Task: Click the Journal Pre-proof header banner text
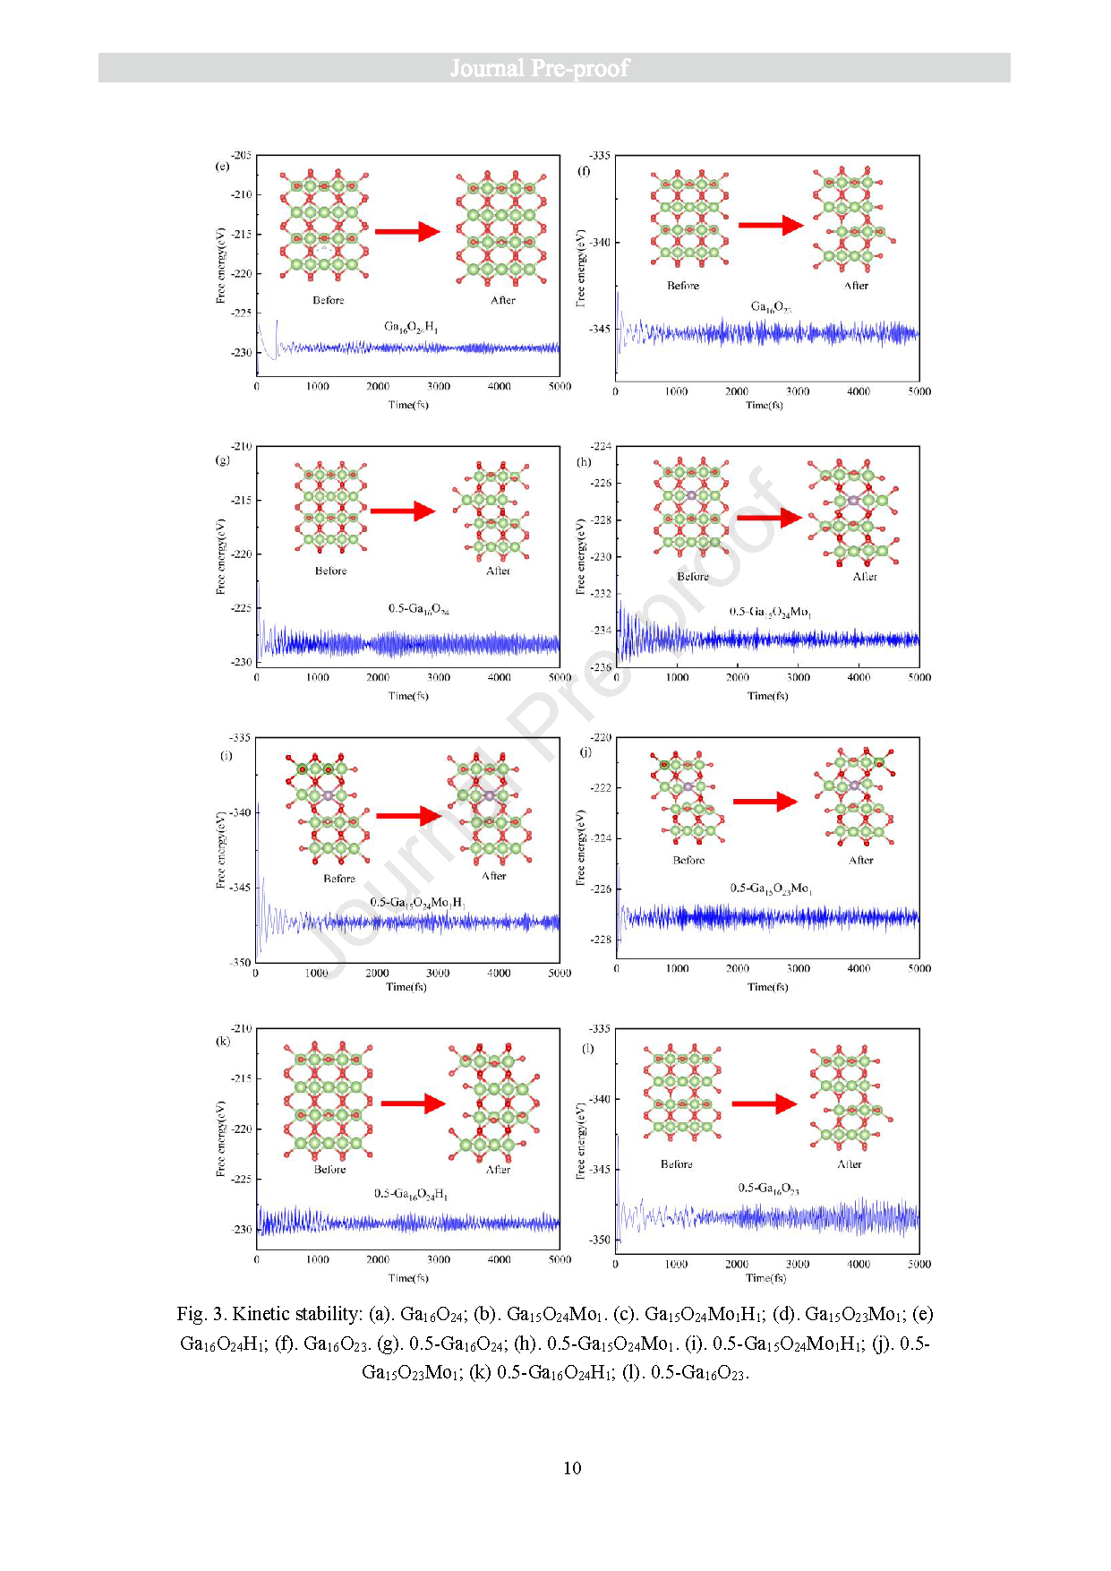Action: (539, 68)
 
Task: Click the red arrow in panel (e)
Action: (407, 232)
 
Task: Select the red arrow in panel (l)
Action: (764, 1103)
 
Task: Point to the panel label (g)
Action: (223, 460)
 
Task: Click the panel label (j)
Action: (585, 752)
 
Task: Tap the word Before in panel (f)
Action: (683, 286)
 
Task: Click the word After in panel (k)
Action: (498, 1170)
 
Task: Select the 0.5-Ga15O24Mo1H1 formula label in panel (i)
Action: (418, 902)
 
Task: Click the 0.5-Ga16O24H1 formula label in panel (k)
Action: (411, 1194)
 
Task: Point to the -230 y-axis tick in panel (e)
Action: (242, 353)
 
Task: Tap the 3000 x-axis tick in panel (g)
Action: (439, 678)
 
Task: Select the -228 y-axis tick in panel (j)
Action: (600, 940)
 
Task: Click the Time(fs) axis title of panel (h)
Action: (767, 696)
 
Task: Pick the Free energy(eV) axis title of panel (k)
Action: (220, 1137)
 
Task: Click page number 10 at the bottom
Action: (572, 1468)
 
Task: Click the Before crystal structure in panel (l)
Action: (682, 1093)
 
